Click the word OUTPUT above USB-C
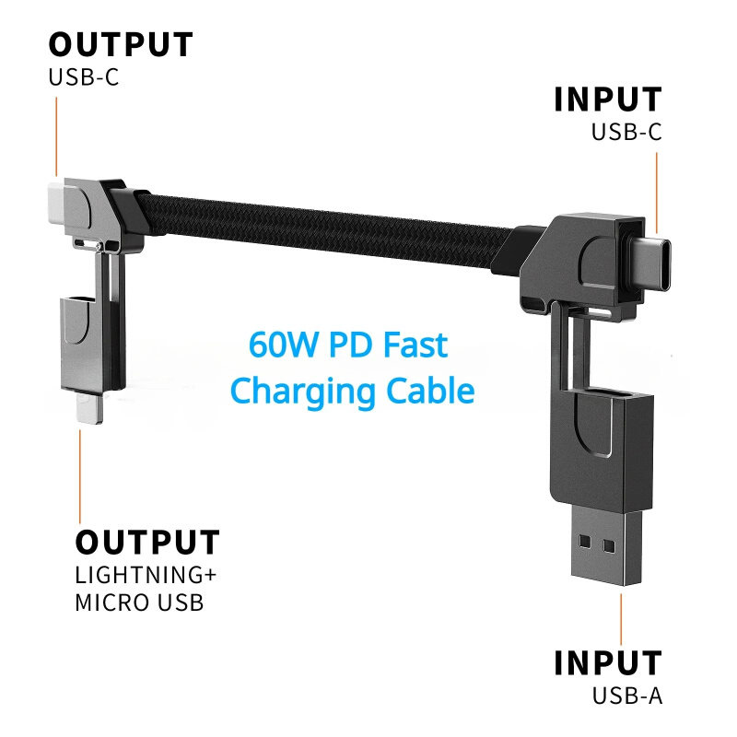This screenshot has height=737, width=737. coord(121,44)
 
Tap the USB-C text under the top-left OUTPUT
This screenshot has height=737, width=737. coord(84,77)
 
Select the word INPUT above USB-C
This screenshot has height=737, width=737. coord(608,99)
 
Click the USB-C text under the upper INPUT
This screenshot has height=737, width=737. coord(626,132)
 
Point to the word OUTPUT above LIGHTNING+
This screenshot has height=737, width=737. coord(147,543)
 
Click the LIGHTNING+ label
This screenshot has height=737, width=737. coord(146,575)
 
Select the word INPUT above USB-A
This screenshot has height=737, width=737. coord(608,662)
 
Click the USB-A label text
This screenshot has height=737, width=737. coord(627,696)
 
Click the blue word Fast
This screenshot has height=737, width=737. coord(415,345)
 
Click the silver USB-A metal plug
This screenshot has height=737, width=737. coord(606,545)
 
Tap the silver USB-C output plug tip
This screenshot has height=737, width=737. coord(56,203)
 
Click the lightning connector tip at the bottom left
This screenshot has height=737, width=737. coord(93,407)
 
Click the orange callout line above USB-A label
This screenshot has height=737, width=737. coord(621,619)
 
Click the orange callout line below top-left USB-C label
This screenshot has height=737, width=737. coord(56,136)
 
